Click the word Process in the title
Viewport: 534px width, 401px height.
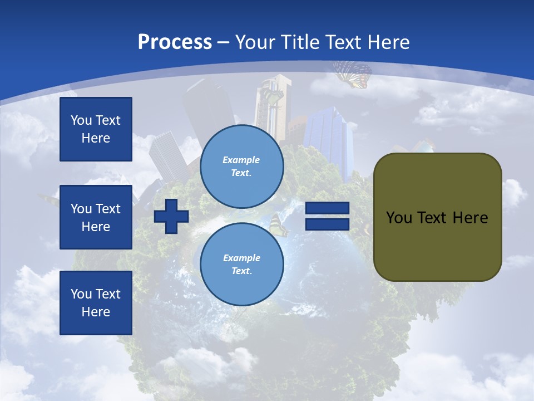[x=175, y=42]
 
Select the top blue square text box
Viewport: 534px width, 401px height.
[x=96, y=129]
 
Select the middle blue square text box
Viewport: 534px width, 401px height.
[x=96, y=217]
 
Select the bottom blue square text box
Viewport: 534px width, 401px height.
[x=96, y=303]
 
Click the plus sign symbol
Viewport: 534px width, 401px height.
[x=171, y=217]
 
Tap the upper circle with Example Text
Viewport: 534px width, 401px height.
[x=241, y=166]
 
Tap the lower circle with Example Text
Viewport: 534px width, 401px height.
[x=241, y=264]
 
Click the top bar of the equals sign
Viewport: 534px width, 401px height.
[x=327, y=208]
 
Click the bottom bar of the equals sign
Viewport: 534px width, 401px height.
[x=327, y=224]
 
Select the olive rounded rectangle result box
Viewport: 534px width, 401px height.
[x=437, y=217]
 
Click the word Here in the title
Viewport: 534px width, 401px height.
[x=388, y=42]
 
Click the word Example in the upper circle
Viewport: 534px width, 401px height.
[x=241, y=160]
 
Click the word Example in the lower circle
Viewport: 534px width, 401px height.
[x=241, y=258]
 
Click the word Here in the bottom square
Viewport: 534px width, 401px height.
[x=96, y=312]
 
